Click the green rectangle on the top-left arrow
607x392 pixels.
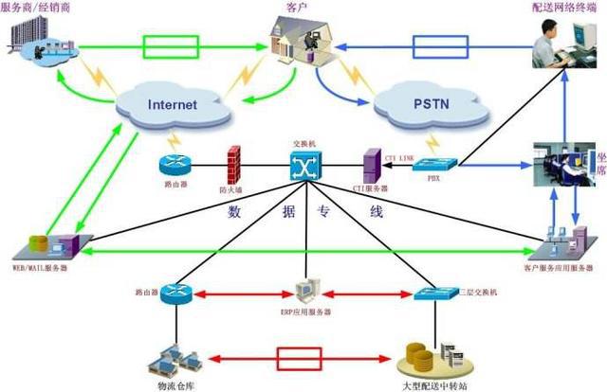171,45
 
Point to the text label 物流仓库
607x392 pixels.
173,384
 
